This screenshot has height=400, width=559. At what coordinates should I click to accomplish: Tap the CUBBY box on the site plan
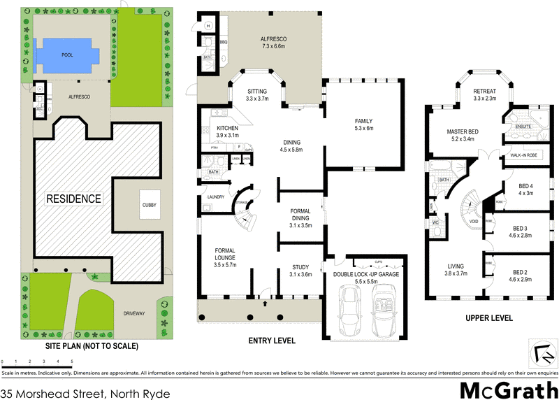click(149, 205)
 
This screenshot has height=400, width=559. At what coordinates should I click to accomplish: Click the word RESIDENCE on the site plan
click(74, 199)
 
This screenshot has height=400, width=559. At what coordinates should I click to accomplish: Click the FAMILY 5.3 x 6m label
click(365, 124)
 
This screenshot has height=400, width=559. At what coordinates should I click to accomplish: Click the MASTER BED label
click(463, 135)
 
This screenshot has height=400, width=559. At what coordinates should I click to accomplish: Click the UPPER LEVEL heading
click(489, 318)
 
